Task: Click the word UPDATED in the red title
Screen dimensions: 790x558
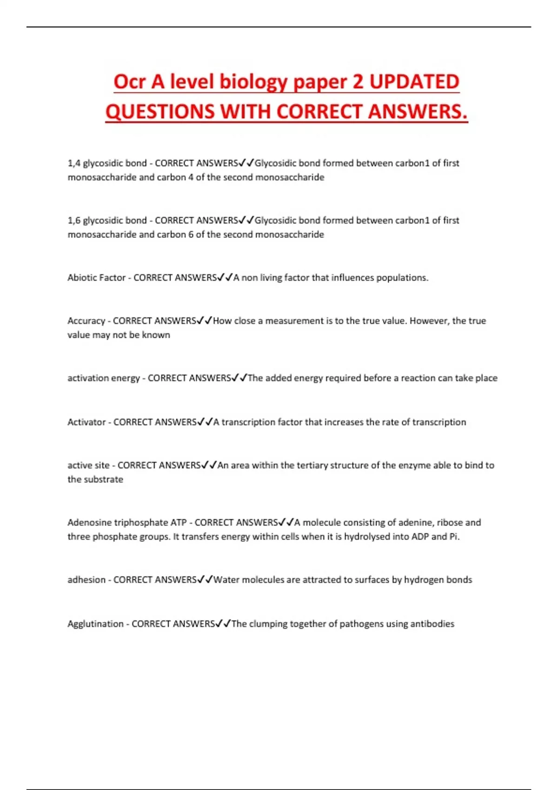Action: (414, 82)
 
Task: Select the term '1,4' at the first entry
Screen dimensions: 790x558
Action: (74, 163)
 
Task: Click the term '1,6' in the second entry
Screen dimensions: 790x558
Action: (74, 220)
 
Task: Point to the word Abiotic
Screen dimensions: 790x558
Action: (81, 278)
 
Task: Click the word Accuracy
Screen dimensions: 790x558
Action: (86, 321)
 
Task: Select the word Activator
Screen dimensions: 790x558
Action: (86, 422)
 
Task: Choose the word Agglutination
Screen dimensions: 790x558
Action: (96, 624)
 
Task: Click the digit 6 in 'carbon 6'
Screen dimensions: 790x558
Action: (191, 235)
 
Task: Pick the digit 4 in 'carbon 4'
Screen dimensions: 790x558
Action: (191, 178)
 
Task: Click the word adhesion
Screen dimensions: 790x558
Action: (86, 580)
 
